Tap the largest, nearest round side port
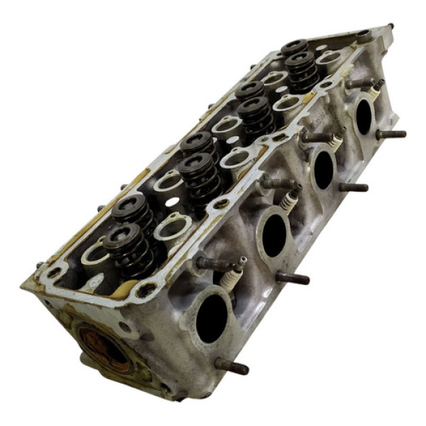(x=212, y=319)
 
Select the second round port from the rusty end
(x=274, y=235)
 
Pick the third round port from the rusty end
(x=323, y=168)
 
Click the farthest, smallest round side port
(x=364, y=115)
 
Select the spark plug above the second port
(x=289, y=198)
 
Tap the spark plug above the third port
(x=334, y=142)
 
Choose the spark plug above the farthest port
(x=376, y=89)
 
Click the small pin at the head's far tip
(x=390, y=27)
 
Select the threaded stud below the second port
(x=293, y=278)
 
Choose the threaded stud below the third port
(x=353, y=187)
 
